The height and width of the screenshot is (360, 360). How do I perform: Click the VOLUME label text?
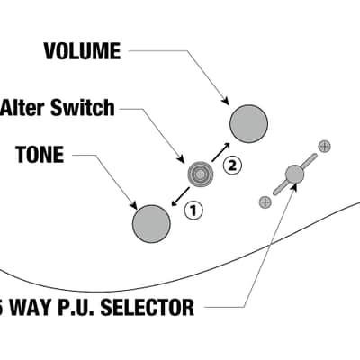[x=82, y=51]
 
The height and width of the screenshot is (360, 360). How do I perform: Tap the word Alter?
[x=23, y=107]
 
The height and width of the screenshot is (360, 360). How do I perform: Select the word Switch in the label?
[x=83, y=107]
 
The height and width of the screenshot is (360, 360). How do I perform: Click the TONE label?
[x=40, y=155]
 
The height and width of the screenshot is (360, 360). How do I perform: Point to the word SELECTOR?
[x=148, y=307]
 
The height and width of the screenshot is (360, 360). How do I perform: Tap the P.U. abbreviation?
[x=79, y=307]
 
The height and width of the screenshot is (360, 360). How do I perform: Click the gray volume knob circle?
[x=248, y=124]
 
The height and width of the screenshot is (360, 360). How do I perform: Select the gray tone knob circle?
[x=151, y=224]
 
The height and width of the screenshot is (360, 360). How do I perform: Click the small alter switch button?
[x=201, y=174]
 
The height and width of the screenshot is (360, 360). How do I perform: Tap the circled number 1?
[x=193, y=211]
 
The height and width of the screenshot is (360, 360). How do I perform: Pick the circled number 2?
[x=232, y=166]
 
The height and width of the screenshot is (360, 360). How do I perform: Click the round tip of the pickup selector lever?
[x=294, y=174]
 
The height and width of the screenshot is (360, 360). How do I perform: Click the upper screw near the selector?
[x=324, y=147]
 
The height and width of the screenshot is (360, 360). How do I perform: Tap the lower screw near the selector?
[x=265, y=202]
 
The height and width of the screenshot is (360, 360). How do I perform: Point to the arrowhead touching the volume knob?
[x=226, y=101]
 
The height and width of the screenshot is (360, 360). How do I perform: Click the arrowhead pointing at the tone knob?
[x=133, y=205]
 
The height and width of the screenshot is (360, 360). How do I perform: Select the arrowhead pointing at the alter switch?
[x=181, y=159]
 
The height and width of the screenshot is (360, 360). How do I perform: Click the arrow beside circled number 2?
[x=220, y=152]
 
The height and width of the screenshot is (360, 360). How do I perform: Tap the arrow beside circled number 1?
[x=181, y=197]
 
